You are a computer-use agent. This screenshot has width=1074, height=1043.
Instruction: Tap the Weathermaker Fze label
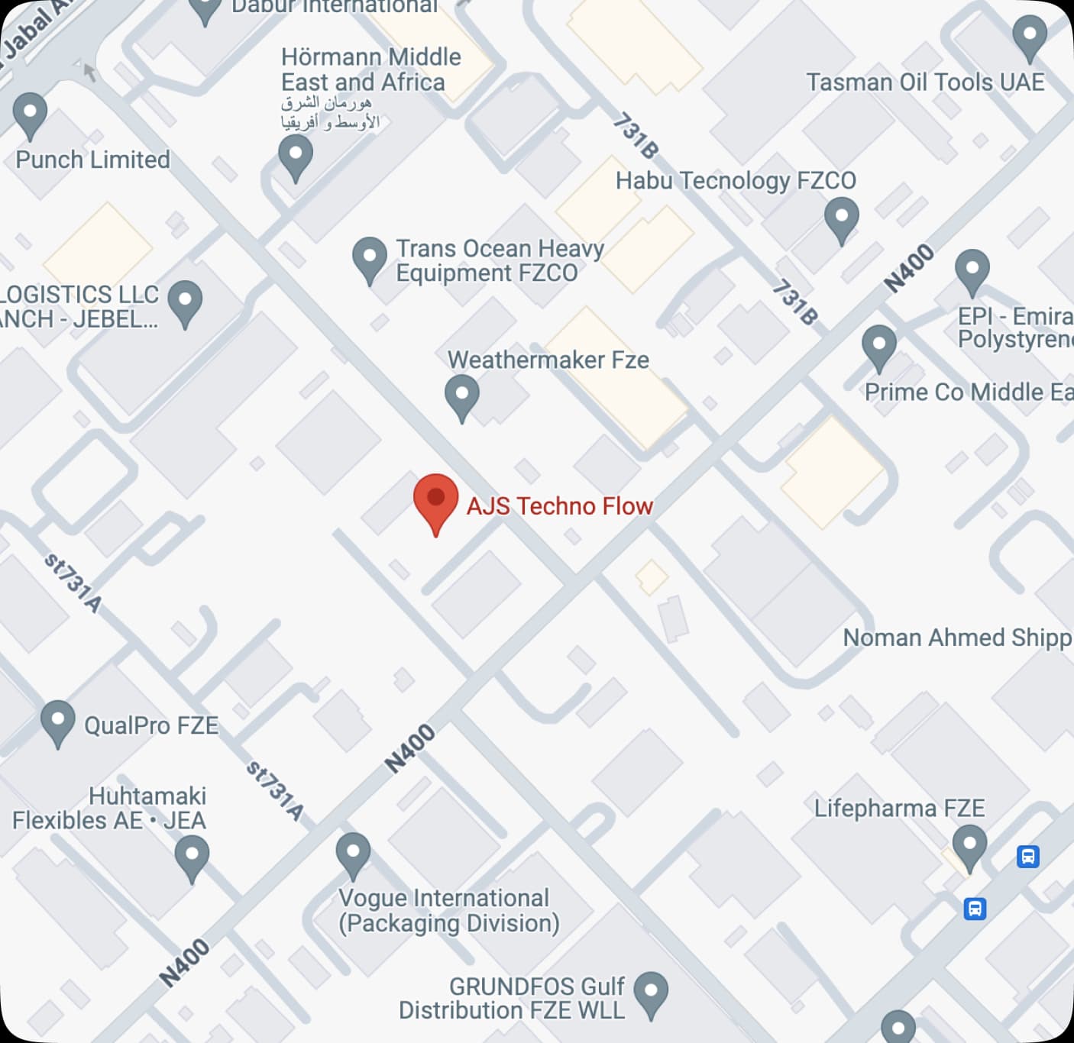point(548,360)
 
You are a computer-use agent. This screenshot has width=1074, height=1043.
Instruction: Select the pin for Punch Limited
point(30,115)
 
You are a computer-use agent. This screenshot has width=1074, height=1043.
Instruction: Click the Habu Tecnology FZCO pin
point(842,218)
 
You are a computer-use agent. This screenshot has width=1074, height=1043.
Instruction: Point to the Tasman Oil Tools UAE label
point(925,82)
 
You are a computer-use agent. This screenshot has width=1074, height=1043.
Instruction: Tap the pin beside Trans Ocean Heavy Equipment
point(370,258)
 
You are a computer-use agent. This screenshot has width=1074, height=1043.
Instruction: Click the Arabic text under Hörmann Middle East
point(329,112)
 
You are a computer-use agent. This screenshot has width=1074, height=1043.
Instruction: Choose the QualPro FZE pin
point(57,722)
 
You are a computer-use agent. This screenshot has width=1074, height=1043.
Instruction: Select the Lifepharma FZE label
point(899,808)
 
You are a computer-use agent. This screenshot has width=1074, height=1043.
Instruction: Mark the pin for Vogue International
point(353,854)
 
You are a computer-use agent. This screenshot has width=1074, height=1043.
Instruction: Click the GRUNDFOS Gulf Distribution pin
point(651,993)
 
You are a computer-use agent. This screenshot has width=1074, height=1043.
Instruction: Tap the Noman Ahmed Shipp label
point(957,638)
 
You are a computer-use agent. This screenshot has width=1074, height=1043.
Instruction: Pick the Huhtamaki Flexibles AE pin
point(192,857)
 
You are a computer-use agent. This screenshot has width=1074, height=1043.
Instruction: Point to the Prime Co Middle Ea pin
point(878,347)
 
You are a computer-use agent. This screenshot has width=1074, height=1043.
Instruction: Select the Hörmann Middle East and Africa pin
point(296,157)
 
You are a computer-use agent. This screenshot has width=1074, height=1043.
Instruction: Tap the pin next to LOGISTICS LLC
point(185,302)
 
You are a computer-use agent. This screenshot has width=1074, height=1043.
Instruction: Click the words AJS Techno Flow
point(559,505)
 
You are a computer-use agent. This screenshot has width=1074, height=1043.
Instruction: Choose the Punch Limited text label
point(93,160)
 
